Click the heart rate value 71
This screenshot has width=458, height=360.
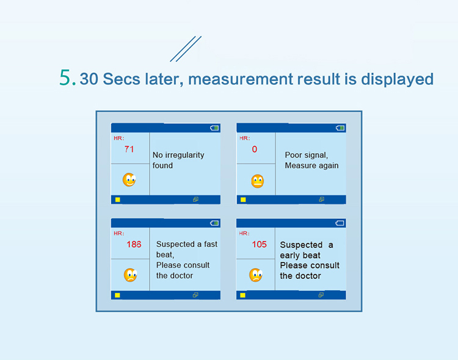click(x=129, y=149)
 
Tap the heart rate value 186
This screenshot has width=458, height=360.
click(x=134, y=244)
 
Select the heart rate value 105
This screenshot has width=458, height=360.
click(x=260, y=244)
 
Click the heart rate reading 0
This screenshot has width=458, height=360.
click(x=255, y=149)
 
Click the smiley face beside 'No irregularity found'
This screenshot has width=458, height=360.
click(x=129, y=180)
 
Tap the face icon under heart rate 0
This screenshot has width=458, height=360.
click(x=258, y=181)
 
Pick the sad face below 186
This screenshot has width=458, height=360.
click(x=130, y=275)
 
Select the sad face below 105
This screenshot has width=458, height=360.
click(x=255, y=275)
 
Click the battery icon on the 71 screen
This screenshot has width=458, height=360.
click(x=214, y=128)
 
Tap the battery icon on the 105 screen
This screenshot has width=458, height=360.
click(x=340, y=223)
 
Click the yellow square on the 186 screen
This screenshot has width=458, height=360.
click(x=117, y=295)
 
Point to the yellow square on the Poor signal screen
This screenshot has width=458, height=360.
click(x=242, y=200)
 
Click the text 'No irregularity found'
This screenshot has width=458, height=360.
click(x=178, y=160)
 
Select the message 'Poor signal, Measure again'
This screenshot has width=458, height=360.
click(x=311, y=160)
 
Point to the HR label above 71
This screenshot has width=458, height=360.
click(x=118, y=139)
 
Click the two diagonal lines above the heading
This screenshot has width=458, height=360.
click(x=186, y=49)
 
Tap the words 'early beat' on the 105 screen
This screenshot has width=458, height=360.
click(x=300, y=255)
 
